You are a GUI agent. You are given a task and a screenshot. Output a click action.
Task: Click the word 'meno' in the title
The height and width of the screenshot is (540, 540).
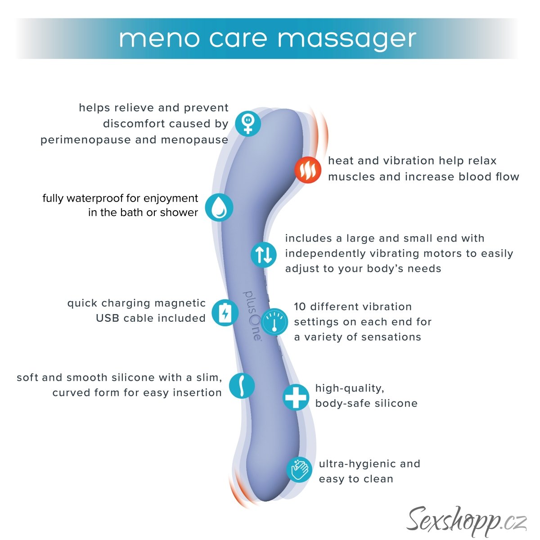tap(159, 39)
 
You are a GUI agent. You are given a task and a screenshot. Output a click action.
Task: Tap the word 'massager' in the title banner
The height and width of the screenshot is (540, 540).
tap(346, 40)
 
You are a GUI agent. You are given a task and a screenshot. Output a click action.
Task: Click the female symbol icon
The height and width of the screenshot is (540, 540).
tap(247, 123)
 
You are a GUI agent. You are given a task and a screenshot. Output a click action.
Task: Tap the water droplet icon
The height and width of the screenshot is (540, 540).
tap(219, 207)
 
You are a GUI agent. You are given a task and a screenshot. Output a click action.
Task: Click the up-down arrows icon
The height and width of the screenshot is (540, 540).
tap(264, 254)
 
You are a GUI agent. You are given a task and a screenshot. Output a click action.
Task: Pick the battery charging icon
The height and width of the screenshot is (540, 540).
tap(225, 312)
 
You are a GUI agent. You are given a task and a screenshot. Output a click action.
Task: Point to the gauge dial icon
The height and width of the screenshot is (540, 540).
tap(274, 322)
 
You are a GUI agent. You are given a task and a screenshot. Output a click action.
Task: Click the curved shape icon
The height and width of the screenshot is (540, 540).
tap(242, 386)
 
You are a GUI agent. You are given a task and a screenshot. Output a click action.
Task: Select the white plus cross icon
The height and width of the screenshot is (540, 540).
tap(296, 397)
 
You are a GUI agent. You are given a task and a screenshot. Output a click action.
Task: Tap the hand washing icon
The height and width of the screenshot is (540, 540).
tap(300, 470)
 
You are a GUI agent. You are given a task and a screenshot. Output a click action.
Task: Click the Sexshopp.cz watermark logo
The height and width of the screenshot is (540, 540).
tap(466, 520)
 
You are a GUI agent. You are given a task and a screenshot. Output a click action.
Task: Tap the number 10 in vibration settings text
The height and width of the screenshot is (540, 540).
tap(300, 307)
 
